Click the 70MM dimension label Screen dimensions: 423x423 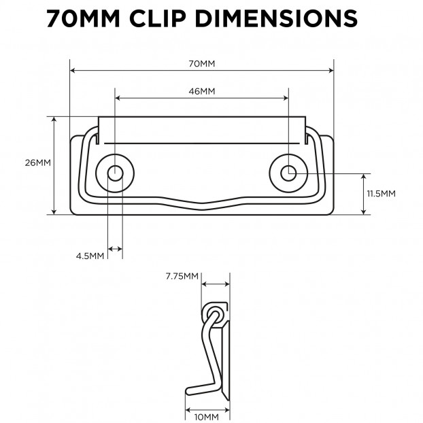tap(201, 64)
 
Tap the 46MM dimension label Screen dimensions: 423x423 tap(202, 91)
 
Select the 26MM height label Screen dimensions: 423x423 tap(38, 163)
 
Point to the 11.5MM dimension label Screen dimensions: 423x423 tap(381, 193)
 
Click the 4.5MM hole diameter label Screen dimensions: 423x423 tap(90, 256)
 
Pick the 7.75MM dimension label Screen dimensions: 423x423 tap(182, 276)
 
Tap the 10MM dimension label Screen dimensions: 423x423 tap(206, 417)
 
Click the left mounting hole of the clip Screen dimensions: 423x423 tap(115, 173)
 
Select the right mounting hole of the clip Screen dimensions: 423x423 tap(288, 173)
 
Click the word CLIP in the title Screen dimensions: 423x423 tap(158, 18)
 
